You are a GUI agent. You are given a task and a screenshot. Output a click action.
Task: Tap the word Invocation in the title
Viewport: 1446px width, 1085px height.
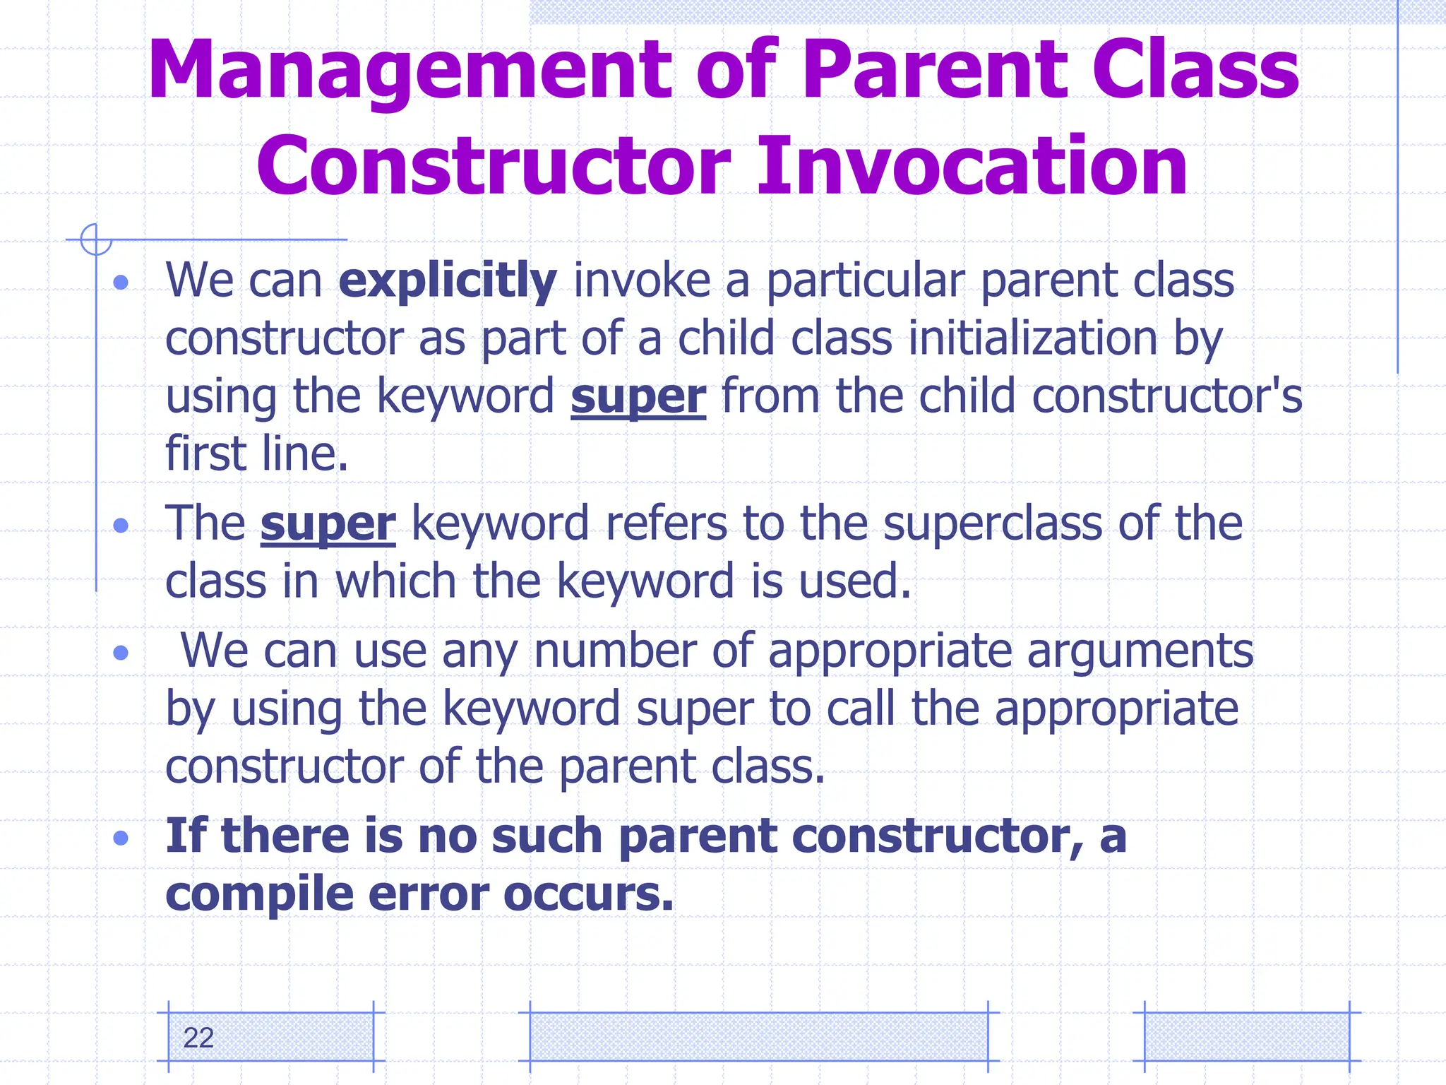(x=972, y=167)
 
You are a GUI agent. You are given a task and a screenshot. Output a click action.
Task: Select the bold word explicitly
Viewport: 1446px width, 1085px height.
(x=447, y=281)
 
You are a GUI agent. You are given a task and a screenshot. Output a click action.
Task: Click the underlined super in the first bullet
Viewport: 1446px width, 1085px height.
(x=638, y=396)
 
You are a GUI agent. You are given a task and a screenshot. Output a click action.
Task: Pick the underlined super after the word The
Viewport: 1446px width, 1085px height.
(x=328, y=524)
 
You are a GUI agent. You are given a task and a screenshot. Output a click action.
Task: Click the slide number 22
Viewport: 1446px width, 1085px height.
(x=198, y=1038)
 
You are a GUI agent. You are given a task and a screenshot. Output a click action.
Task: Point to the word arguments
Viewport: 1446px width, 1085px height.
(x=1140, y=651)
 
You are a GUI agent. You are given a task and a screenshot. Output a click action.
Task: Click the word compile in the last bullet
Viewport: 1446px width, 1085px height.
(x=259, y=894)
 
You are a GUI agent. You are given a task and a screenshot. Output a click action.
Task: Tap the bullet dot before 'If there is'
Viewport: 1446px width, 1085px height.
(x=121, y=838)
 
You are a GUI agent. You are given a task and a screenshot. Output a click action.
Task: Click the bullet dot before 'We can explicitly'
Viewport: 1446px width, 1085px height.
(x=121, y=283)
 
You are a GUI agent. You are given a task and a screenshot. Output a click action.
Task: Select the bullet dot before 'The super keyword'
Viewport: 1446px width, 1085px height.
(x=121, y=526)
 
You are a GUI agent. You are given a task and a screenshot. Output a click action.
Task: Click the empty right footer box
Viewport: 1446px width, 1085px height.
(x=1246, y=1036)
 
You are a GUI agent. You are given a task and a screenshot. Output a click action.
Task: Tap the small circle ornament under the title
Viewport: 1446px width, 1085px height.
(x=96, y=239)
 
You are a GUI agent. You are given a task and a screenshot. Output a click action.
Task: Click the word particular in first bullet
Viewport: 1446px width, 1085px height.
(x=865, y=281)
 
